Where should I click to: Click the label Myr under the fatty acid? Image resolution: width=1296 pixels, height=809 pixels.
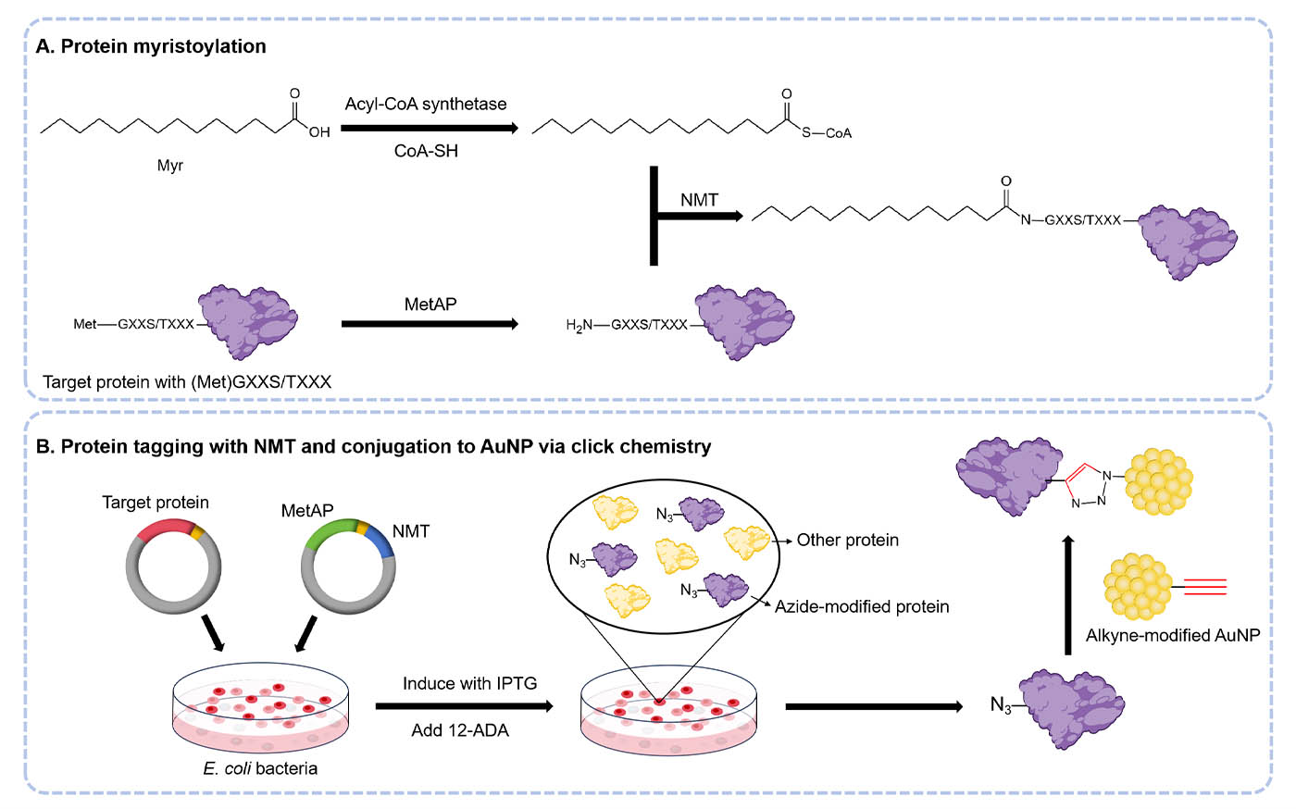coord(169,166)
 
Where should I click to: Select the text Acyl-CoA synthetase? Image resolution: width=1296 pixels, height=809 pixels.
coord(426,104)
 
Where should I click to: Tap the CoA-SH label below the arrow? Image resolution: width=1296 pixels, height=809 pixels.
coord(426,151)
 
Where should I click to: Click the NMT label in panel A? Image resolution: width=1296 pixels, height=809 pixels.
coord(699,200)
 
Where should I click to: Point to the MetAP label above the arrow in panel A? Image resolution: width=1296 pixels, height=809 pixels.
coord(430,305)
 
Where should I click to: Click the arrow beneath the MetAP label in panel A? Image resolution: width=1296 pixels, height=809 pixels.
coord(430,324)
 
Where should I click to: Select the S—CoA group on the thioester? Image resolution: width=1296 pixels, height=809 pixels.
coord(827,133)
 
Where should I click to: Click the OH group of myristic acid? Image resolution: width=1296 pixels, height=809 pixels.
coord(319,132)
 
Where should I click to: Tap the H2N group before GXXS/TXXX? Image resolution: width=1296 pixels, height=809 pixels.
coord(579,325)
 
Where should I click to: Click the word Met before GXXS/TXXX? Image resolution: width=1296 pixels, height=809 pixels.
coord(84,324)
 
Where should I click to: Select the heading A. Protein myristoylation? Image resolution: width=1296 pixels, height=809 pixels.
coord(151,46)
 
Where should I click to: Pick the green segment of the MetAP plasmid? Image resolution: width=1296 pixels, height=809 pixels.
coord(330,532)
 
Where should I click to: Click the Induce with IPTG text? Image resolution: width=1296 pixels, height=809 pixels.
coord(469,684)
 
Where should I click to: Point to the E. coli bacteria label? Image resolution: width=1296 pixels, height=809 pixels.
coord(260,768)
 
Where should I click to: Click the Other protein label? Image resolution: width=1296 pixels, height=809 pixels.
coord(847,541)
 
